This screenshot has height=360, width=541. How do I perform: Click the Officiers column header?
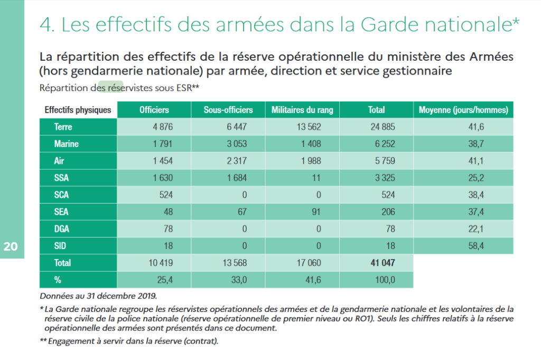[x=154, y=110]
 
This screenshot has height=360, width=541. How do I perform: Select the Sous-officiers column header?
[x=228, y=110]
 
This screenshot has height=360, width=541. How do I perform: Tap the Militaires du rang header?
[x=302, y=110]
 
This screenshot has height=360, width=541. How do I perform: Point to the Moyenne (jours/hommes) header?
[x=463, y=110]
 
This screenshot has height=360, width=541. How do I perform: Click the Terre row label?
[x=63, y=127]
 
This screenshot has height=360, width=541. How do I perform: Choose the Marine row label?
[x=66, y=144]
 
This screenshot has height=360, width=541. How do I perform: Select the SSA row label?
[x=61, y=178]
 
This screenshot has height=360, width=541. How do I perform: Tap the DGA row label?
[x=62, y=229]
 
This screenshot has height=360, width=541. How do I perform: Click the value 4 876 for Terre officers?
[x=163, y=127]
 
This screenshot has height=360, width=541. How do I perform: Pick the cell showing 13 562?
[x=309, y=127]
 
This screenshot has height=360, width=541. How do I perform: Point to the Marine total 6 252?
[x=385, y=144]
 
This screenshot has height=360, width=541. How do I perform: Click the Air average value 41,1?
[x=476, y=161]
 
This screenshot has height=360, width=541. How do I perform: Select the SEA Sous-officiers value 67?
[x=242, y=212]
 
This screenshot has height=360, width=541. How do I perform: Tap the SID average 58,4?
[x=476, y=246]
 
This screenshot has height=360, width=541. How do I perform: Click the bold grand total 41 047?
[x=383, y=263]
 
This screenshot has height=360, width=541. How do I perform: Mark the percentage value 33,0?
[x=239, y=280]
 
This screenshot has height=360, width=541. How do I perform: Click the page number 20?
[x=11, y=246]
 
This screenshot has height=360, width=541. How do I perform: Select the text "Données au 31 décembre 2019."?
[x=98, y=296]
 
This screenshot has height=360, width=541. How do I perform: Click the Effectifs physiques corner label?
[x=78, y=110]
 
